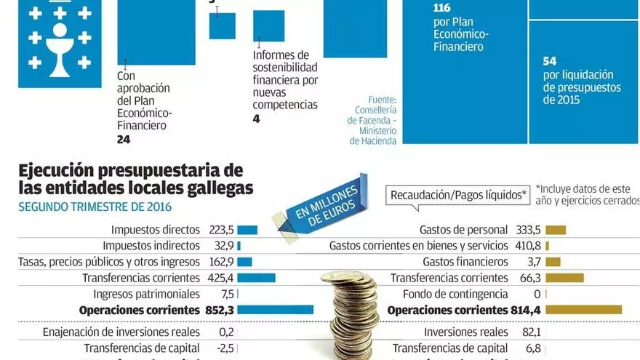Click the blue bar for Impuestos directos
coord(247,230)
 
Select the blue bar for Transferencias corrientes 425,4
coord(256,278)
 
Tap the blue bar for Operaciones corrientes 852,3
coord(275,310)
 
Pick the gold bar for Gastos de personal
coord(556,230)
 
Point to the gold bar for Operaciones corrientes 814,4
coord(583,310)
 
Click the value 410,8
coord(528,246)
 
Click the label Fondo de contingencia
coord(455,294)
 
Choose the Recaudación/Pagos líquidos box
coord(458,195)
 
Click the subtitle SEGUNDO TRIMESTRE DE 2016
coord(90,206)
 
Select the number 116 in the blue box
coord(441,9)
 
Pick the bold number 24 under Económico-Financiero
coord(124,139)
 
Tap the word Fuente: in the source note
coord(383,100)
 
